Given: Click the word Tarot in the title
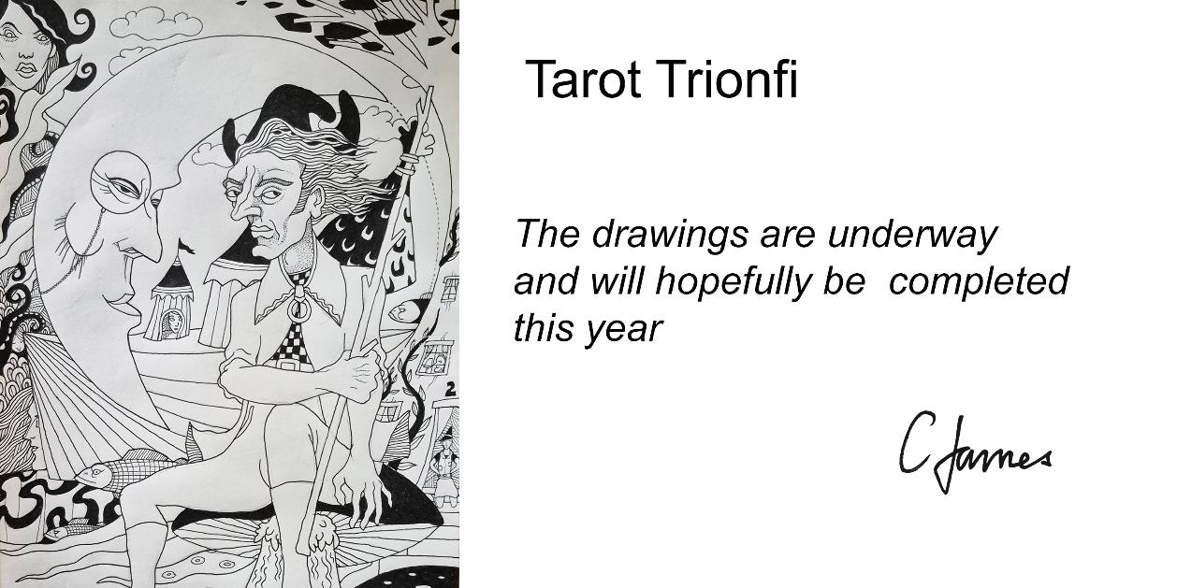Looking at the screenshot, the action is click(x=582, y=79).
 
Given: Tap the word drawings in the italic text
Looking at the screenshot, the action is click(x=670, y=235).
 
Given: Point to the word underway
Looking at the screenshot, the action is click(x=912, y=236).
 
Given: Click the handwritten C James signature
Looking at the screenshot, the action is click(x=975, y=452).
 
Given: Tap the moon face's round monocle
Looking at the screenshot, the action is click(x=121, y=180).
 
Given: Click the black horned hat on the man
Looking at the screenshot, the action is click(x=294, y=113).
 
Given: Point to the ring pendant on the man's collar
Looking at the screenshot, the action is click(x=298, y=308).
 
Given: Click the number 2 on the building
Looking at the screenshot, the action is click(x=450, y=390).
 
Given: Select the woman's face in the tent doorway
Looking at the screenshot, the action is click(x=172, y=322).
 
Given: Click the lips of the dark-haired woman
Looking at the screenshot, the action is click(x=26, y=69).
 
